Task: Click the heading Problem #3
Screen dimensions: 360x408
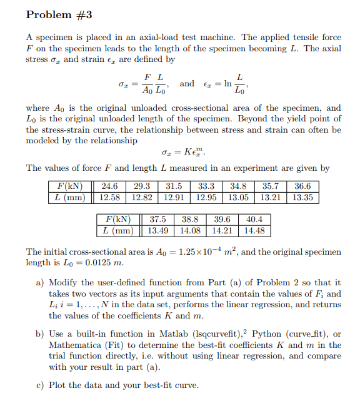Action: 59,14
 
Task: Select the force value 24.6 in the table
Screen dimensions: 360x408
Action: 109,186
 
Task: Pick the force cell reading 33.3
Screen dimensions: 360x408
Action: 206,186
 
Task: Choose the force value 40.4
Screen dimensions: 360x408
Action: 254,220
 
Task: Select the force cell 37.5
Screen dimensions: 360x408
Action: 157,220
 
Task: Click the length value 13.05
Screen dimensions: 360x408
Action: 239,198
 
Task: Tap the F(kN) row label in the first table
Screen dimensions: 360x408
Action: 69,186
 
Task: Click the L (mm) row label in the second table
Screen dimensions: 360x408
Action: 118,231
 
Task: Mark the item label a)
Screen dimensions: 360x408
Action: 40,283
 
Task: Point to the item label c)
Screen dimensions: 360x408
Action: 40,385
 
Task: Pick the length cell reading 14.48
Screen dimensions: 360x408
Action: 254,231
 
